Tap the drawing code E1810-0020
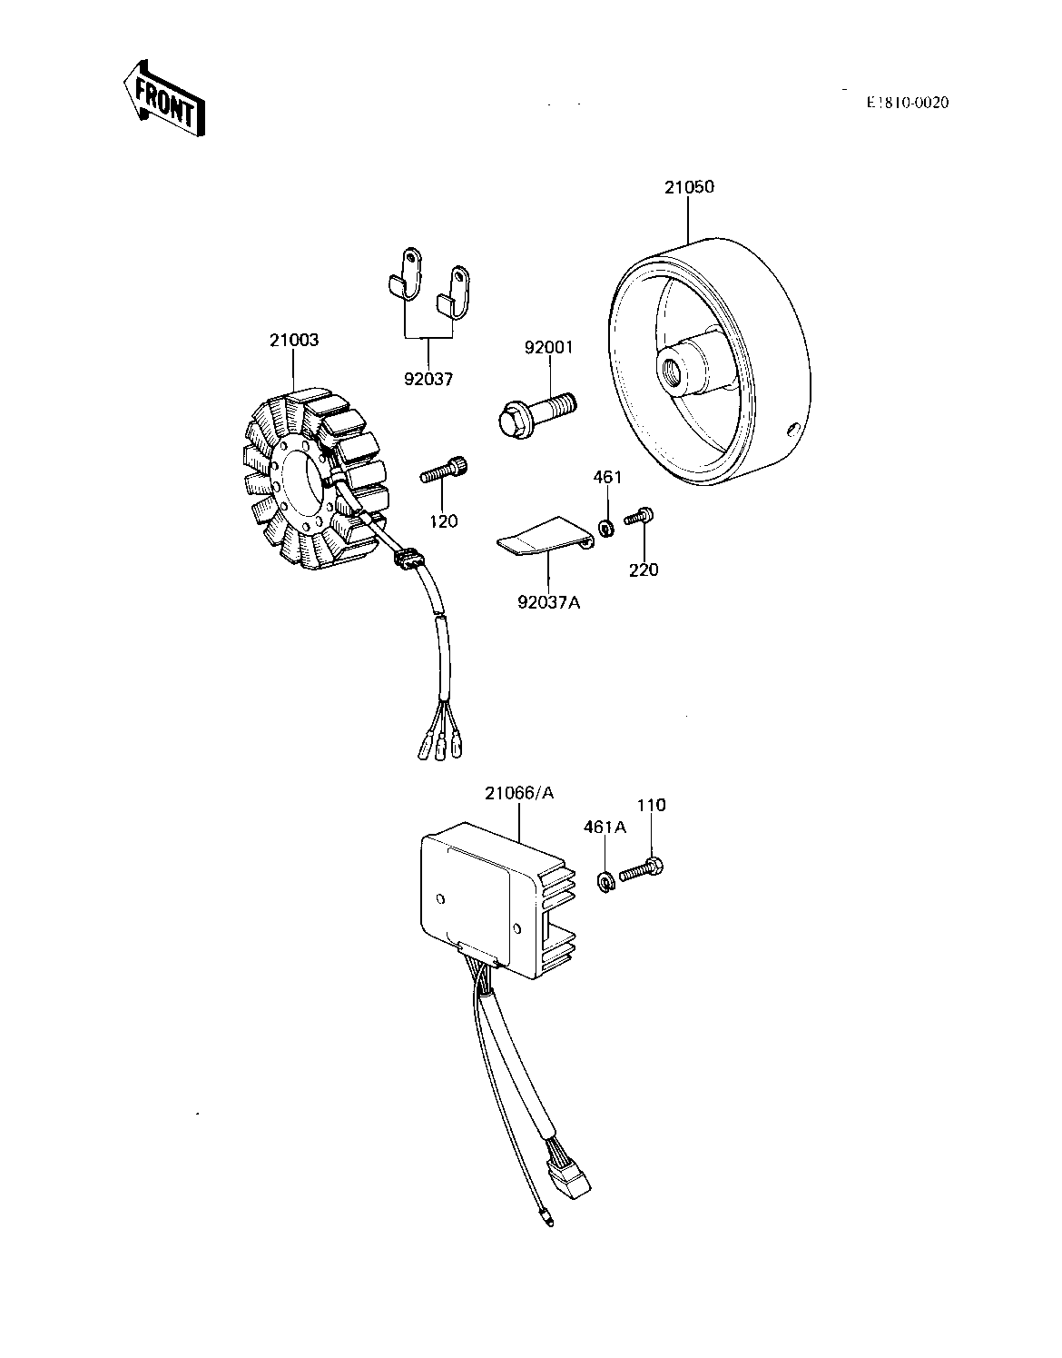coord(907,104)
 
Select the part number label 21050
coord(689,187)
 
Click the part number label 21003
coord(294,340)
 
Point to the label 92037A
coord(549,602)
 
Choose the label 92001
coord(549,348)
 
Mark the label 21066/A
coord(519,793)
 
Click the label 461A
coord(605,827)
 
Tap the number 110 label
coord(651,805)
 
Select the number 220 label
coord(644,570)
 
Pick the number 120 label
coord(443,520)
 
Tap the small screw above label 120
coord(444,470)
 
